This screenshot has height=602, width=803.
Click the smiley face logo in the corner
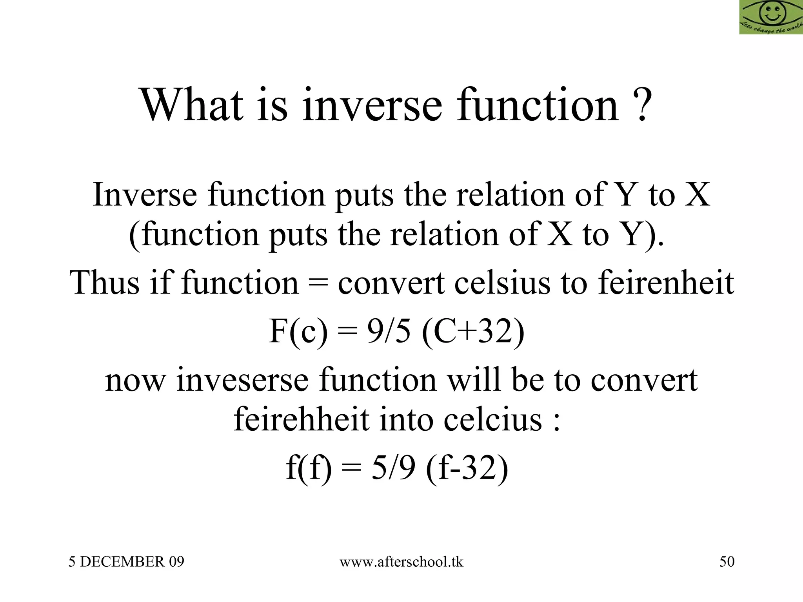tap(771, 17)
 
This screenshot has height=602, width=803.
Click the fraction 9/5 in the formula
tap(389, 332)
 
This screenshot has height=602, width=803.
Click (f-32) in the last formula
tap(467, 469)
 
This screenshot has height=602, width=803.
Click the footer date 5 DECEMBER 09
tap(126, 562)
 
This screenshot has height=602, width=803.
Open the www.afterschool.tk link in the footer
tap(401, 562)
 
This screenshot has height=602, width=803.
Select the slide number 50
tap(727, 562)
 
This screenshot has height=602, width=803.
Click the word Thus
tap(104, 283)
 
